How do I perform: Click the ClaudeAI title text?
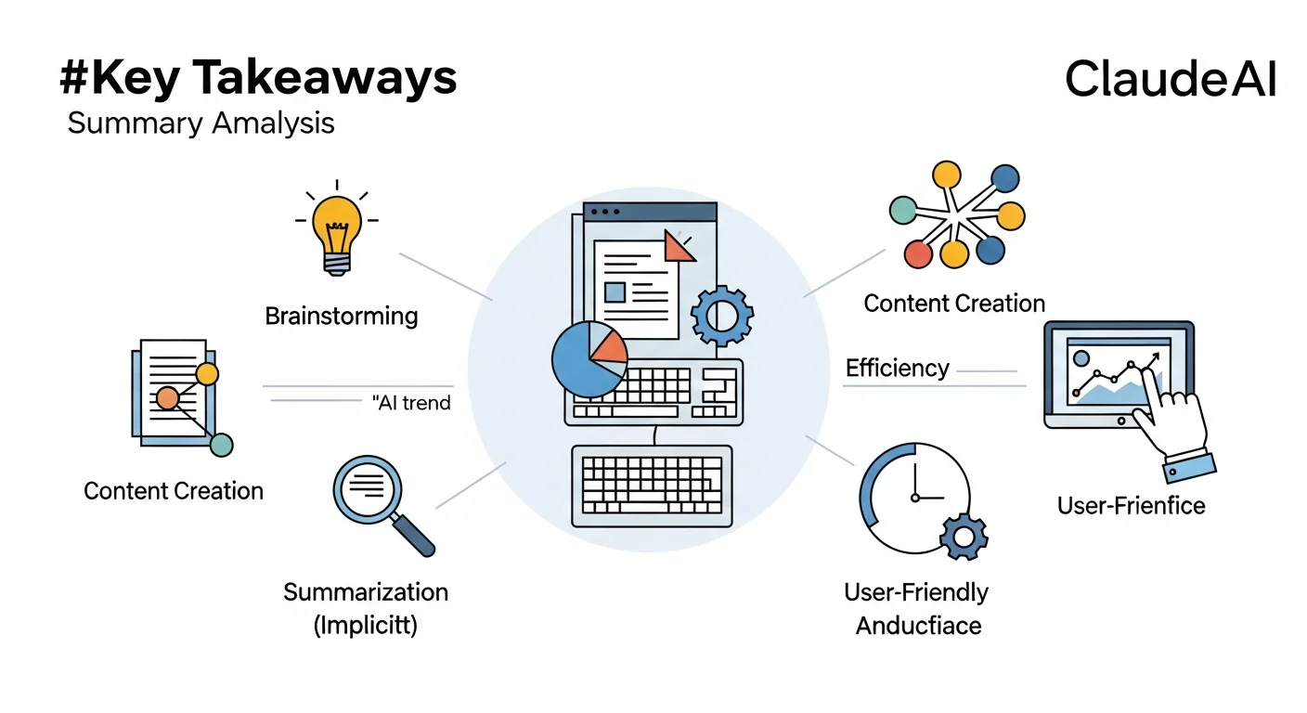(1171, 80)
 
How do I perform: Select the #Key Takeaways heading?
(258, 79)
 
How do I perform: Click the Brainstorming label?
(341, 316)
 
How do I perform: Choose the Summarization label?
(366, 592)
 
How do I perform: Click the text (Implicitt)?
(366, 625)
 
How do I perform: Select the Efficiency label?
(897, 369)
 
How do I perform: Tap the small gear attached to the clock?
(963, 538)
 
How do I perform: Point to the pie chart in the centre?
(588, 360)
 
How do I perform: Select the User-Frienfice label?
(1131, 505)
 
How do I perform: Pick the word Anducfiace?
(918, 625)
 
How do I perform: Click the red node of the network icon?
(917, 253)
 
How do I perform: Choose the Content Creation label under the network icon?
(954, 304)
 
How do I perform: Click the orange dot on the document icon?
(167, 398)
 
